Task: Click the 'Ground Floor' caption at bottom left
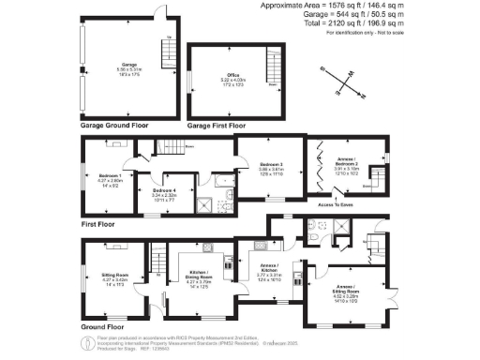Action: (97, 326)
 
